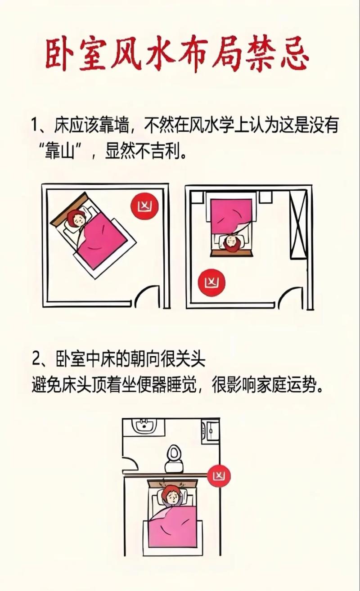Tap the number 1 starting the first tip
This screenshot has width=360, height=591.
tap(36, 125)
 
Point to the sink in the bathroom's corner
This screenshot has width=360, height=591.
tap(144, 425)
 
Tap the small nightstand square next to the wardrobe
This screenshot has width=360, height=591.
tap(265, 197)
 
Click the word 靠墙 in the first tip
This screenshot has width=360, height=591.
tap(111, 125)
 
